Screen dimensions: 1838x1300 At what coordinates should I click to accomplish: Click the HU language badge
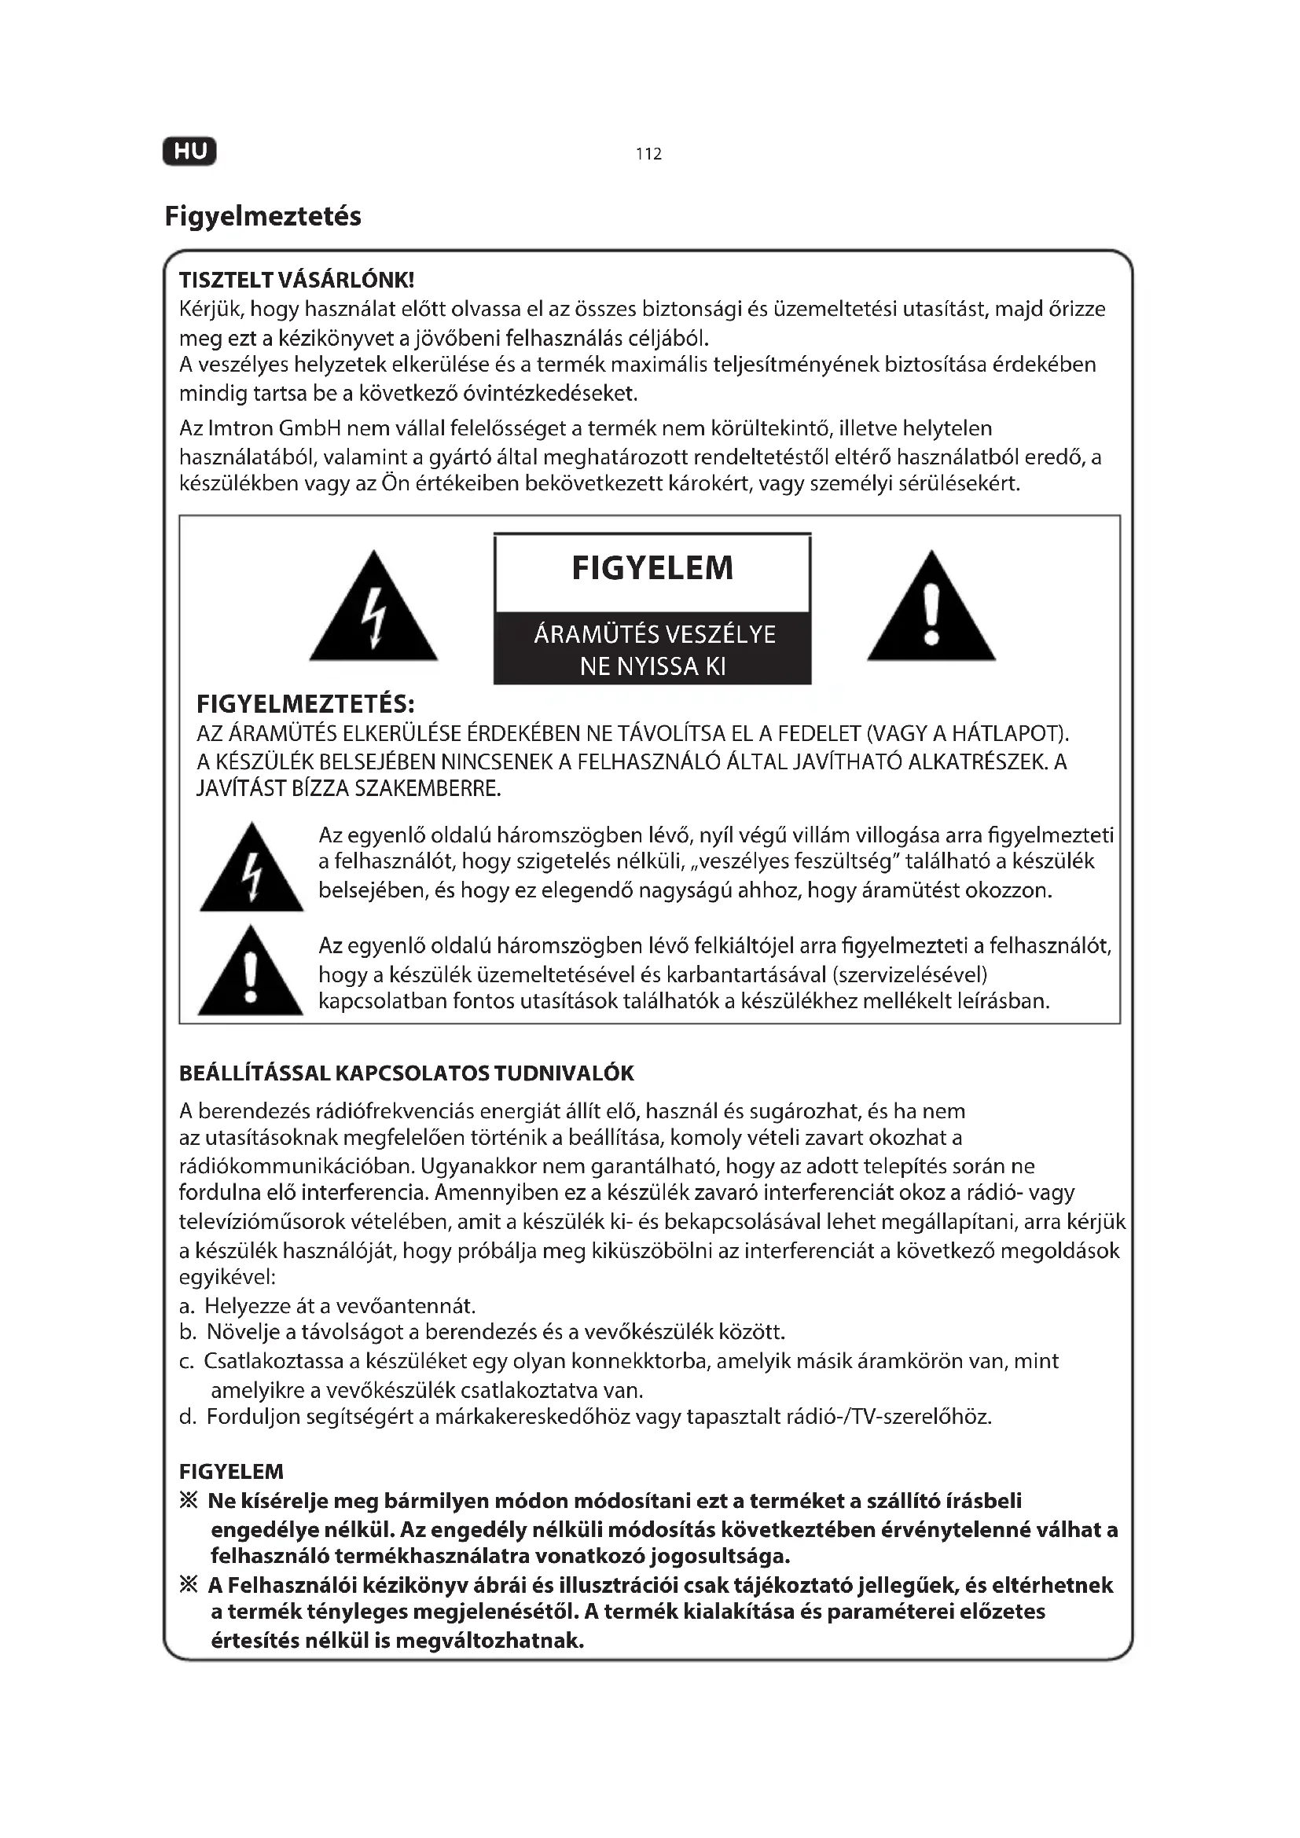pyautogui.click(x=189, y=152)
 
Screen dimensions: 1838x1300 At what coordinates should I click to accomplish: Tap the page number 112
pyautogui.click(x=648, y=154)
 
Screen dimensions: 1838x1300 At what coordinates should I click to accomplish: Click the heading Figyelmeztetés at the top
pyautogui.click(x=263, y=216)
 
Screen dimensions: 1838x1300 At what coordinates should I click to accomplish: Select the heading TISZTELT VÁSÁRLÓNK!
pyautogui.click(x=296, y=281)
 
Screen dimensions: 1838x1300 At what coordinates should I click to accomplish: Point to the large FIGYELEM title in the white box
pyautogui.click(x=652, y=568)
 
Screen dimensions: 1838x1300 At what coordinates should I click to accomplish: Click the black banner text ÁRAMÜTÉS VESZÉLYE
pyautogui.click(x=654, y=635)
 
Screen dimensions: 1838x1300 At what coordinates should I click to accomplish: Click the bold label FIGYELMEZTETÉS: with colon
pyautogui.click(x=305, y=704)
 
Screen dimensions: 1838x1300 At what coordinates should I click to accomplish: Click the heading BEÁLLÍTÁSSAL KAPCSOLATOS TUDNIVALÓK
pyautogui.click(x=406, y=1073)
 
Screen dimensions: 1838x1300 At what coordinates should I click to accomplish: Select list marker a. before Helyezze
pyautogui.click(x=187, y=1307)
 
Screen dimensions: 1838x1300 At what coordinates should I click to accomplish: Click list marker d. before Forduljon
pyautogui.click(x=187, y=1418)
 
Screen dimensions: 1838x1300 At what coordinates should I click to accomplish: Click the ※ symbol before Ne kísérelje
pyautogui.click(x=189, y=1500)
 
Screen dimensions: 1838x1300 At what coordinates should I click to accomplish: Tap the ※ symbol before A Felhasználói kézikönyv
pyautogui.click(x=189, y=1584)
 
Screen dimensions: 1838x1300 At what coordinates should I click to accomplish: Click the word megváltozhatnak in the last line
pyautogui.click(x=489, y=1640)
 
